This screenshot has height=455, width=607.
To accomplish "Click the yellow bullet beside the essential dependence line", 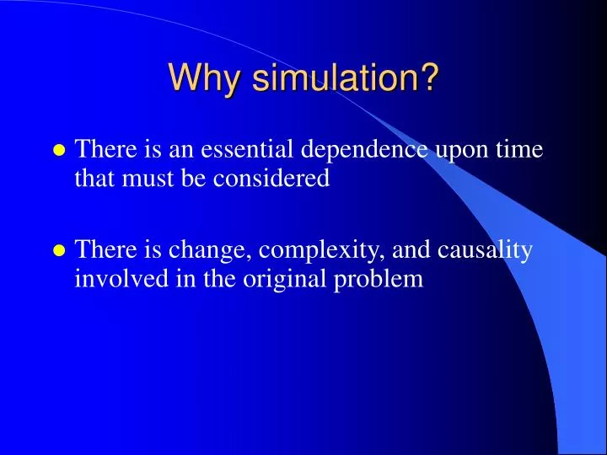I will pyautogui.click(x=59, y=152).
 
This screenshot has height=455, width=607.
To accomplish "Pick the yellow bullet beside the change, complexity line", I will pyautogui.click(x=59, y=251).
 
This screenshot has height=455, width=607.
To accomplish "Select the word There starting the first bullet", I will pyautogui.click(x=101, y=150).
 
